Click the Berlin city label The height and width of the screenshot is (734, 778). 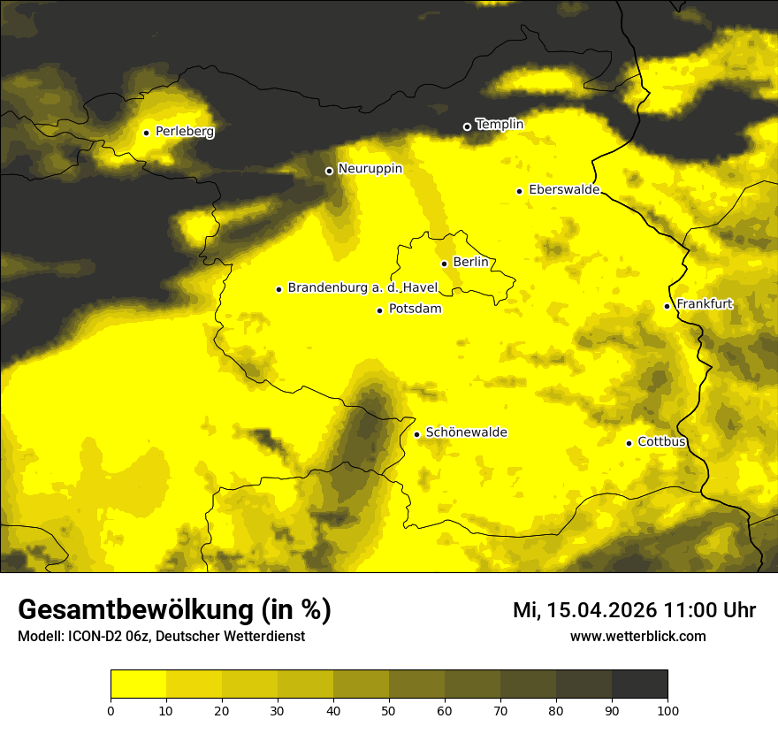tap(469, 263)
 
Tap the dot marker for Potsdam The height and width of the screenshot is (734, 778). tap(379, 310)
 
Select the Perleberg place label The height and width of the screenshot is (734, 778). tap(184, 132)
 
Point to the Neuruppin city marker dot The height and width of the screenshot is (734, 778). tap(329, 171)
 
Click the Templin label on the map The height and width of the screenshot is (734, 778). tap(500, 125)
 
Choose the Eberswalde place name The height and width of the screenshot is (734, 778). tap(564, 190)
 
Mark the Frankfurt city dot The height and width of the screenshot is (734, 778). tap(667, 306)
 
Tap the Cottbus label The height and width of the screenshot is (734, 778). tap(661, 442)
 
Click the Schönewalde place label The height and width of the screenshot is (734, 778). tap(466, 432)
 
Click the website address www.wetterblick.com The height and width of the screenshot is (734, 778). tap(637, 636)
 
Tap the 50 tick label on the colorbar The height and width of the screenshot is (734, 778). tap(389, 710)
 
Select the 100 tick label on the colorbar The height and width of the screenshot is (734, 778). tap(667, 710)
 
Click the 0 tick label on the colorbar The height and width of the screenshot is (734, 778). tap(111, 710)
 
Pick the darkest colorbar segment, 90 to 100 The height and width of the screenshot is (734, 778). tap(639, 684)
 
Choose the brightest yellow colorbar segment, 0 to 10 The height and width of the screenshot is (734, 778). tap(138, 684)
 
